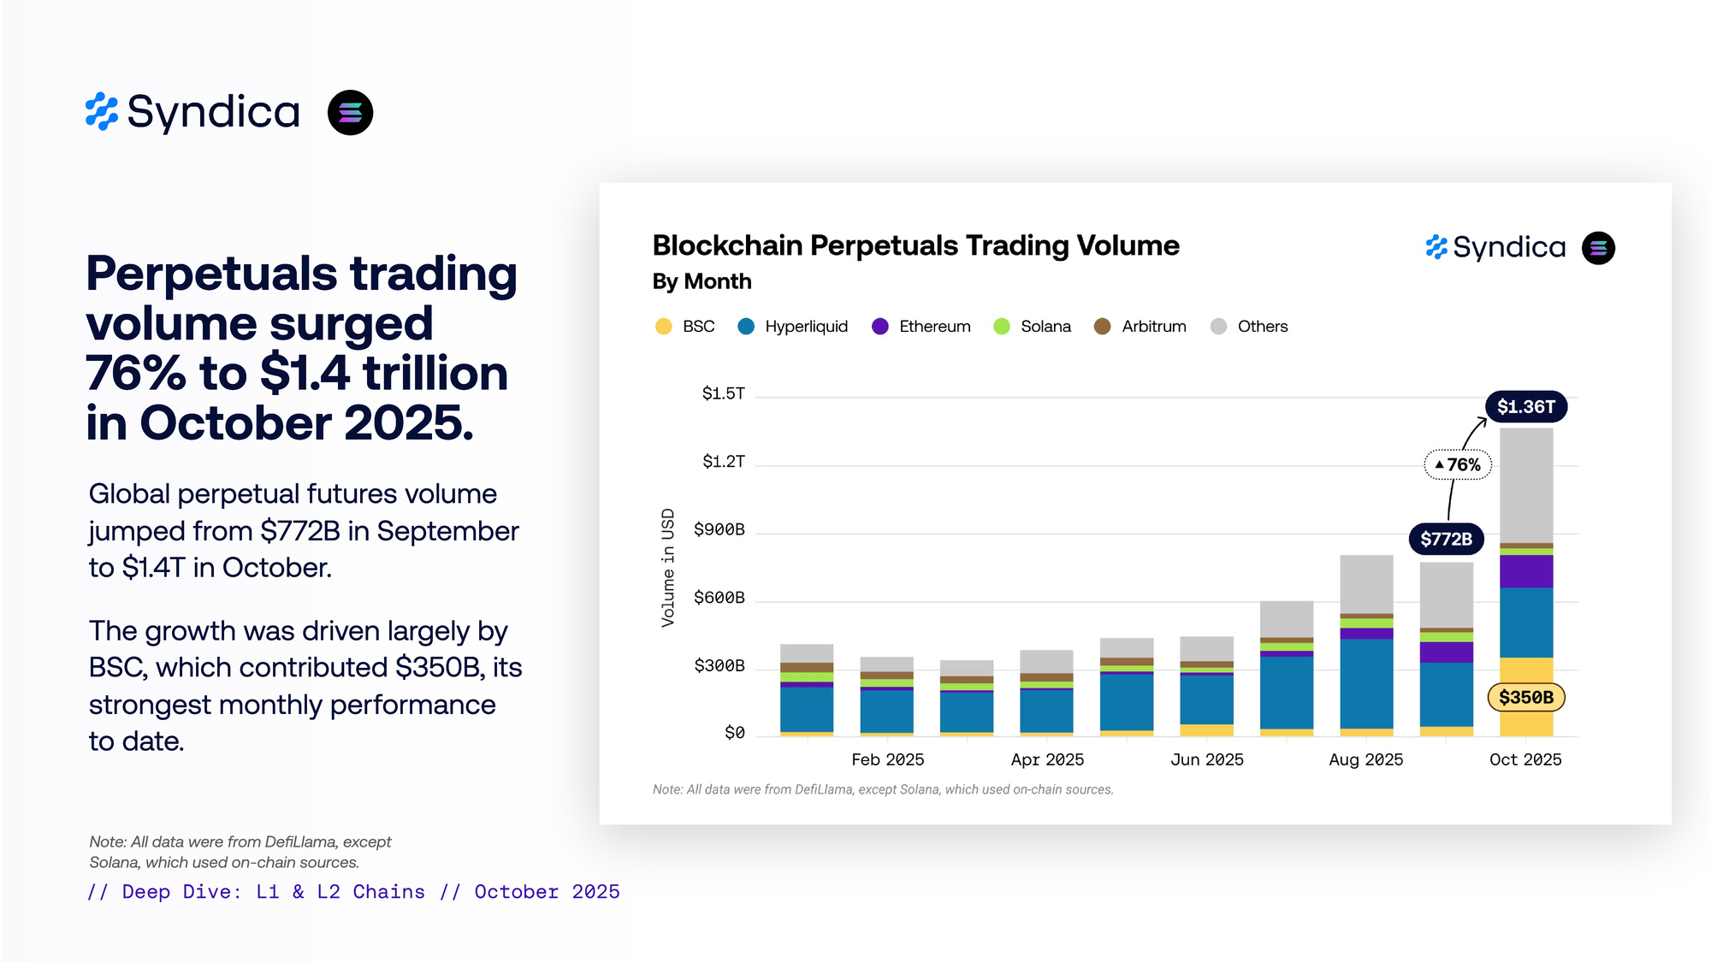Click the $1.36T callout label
[x=1525, y=407]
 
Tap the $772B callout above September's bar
[x=1446, y=539]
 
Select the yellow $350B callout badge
[x=1525, y=697]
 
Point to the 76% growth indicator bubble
[x=1458, y=464]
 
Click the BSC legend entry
[x=684, y=327]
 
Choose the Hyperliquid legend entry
[x=793, y=327]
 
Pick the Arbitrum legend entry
[x=1140, y=327]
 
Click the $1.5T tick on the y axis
[x=723, y=393]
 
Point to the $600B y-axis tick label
[x=719, y=598]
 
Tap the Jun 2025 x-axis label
[x=1206, y=759]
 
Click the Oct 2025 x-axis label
[x=1525, y=759]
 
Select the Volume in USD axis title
[x=668, y=568]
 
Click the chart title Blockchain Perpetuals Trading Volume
[x=915, y=246]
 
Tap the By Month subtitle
[x=702, y=281]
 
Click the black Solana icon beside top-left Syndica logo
[x=350, y=113]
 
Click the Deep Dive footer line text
[x=353, y=892]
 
